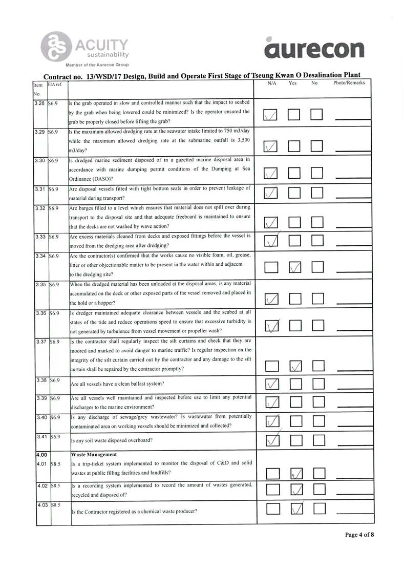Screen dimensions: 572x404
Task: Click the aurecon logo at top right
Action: [314, 49]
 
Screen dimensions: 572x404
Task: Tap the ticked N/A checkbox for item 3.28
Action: [271, 116]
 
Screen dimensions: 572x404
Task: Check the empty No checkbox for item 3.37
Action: [318, 366]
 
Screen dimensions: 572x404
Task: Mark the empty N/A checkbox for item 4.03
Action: [272, 510]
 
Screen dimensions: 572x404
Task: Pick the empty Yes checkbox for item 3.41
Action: [295, 440]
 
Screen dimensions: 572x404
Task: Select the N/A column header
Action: [271, 82]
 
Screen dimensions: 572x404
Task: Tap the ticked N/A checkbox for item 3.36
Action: [271, 325]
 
